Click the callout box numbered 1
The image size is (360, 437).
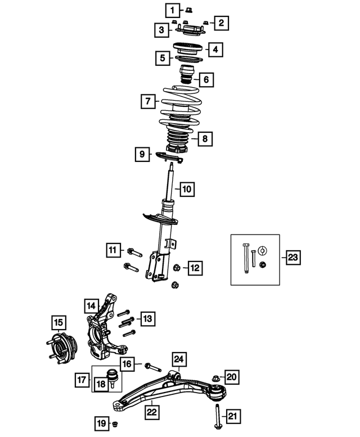[x=172, y=10]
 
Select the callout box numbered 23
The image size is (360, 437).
[x=293, y=258]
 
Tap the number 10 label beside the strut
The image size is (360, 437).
[x=187, y=189]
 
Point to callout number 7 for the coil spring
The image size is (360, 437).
[x=147, y=102]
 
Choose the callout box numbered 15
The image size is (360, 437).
[x=58, y=323]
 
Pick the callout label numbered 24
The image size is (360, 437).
[x=179, y=359]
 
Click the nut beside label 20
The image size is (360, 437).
[x=216, y=377]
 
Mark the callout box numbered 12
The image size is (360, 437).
[x=195, y=268]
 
